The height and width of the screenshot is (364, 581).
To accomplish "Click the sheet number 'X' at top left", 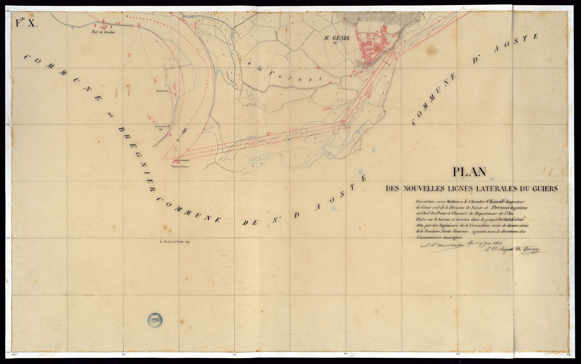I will (x=32, y=24).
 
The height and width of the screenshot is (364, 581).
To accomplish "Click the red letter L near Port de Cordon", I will (x=139, y=25).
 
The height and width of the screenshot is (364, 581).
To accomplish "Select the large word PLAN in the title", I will (x=469, y=172).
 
